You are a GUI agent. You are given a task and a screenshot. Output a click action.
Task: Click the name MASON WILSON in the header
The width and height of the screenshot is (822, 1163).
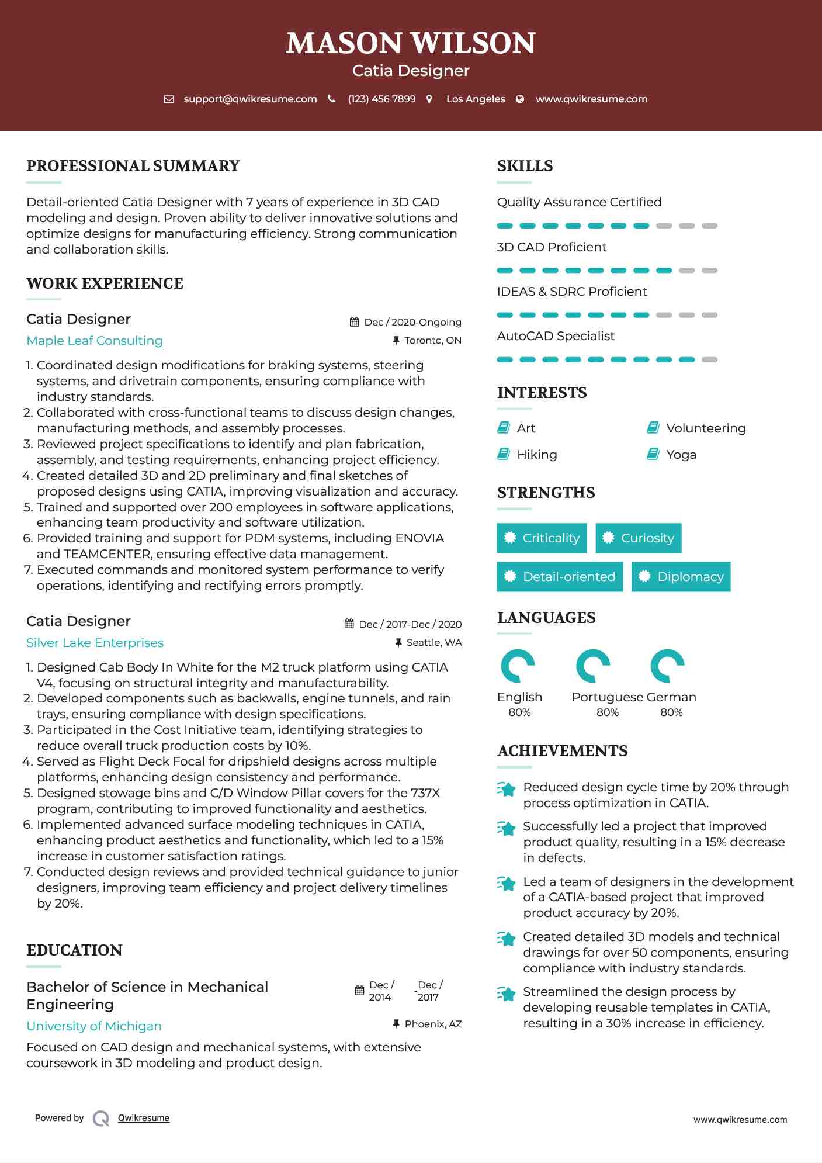tap(411, 43)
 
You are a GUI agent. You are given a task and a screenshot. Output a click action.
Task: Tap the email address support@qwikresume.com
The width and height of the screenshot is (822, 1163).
tap(250, 99)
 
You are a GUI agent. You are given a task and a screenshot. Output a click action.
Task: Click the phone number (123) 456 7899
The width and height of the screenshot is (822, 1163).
tap(381, 99)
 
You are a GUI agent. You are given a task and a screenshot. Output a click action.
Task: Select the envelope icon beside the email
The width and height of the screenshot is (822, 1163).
tap(169, 99)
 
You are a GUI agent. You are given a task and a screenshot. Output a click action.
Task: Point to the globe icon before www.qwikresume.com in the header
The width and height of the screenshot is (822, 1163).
tap(520, 99)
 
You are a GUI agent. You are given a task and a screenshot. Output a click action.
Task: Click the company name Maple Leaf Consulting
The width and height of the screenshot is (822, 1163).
tap(95, 341)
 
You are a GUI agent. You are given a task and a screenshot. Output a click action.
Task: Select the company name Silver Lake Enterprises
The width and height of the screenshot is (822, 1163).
tap(95, 643)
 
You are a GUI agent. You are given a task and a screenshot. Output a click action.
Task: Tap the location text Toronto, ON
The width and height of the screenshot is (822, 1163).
tap(433, 340)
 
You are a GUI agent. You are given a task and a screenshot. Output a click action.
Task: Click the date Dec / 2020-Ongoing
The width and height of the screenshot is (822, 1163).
tap(412, 322)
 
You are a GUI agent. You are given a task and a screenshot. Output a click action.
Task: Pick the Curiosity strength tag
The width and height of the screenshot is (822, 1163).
tap(638, 538)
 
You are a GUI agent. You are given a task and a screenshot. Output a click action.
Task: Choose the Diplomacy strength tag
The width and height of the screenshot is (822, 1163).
tap(681, 577)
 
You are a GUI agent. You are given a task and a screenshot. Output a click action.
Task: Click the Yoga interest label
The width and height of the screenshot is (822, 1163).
tap(681, 455)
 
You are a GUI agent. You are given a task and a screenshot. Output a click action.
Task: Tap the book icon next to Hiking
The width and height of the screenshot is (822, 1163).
tap(504, 454)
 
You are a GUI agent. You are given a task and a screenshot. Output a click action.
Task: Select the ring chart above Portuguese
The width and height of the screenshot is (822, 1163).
tap(592, 666)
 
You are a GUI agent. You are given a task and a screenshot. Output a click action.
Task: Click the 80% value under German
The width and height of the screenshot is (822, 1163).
tap(671, 712)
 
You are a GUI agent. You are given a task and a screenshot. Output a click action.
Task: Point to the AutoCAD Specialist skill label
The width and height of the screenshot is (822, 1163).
tap(556, 336)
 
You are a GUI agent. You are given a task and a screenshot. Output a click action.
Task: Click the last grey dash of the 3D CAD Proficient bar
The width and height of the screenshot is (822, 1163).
tap(709, 271)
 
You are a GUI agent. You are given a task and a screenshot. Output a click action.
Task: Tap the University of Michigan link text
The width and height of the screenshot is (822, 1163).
tap(94, 1026)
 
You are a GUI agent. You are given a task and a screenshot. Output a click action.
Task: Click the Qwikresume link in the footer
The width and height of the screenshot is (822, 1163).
tap(144, 1118)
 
